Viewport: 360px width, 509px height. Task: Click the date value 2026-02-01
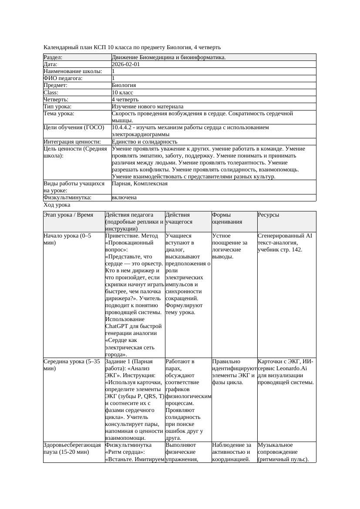[126, 64]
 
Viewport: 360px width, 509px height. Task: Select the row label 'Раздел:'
[53, 57]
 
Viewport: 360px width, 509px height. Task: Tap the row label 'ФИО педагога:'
[63, 78]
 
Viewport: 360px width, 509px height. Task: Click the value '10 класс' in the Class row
[122, 92]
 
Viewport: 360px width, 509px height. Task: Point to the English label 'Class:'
[51, 92]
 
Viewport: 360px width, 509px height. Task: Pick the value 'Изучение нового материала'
[147, 106]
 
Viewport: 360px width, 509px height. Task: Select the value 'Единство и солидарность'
[144, 141]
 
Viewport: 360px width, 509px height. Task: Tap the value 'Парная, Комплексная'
[139, 184]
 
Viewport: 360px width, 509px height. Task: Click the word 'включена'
[124, 198]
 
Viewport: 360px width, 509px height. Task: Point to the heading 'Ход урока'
[57, 204]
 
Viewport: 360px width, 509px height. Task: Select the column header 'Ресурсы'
[268, 215]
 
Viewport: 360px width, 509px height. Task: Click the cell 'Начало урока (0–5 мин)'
[67, 239]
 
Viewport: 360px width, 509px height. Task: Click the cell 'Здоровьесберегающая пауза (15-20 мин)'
[72, 449]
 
